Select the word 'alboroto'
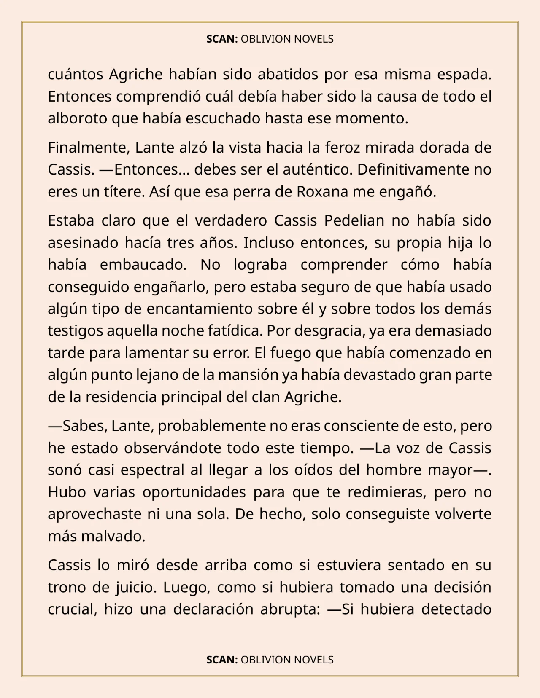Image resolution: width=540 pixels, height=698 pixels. pos(78,118)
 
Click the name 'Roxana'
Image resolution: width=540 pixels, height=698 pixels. pos(322,192)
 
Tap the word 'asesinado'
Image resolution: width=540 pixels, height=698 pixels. pos(83,243)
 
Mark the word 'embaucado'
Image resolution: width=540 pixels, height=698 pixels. pos(143,265)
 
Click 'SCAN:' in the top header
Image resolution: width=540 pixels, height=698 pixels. pos(222,39)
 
